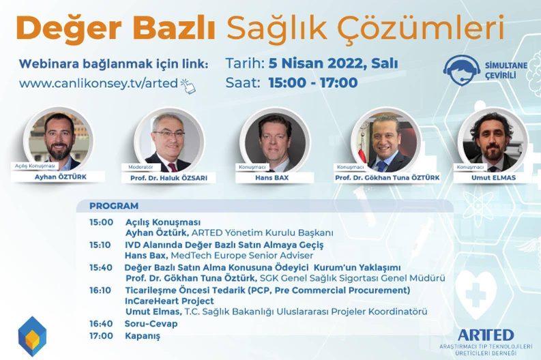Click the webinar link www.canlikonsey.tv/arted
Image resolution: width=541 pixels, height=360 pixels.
[x=98, y=83]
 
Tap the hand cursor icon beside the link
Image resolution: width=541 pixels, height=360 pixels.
[x=188, y=86]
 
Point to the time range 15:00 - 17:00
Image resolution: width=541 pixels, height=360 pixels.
[x=313, y=82]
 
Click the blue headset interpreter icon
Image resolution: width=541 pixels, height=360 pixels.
[x=462, y=70]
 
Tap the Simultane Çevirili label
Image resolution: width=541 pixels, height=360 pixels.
[x=506, y=70]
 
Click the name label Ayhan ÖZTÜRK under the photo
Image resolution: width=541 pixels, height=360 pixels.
[x=61, y=177]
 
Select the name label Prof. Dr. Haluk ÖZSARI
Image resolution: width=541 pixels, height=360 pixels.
[x=169, y=178]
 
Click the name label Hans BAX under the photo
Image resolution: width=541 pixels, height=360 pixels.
[x=272, y=178]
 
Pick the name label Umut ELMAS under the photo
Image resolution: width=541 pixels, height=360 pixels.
[x=493, y=178]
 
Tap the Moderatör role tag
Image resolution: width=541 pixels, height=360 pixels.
[x=141, y=167]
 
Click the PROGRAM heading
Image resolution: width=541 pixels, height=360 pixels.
[x=114, y=206]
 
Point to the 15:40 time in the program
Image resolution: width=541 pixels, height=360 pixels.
[x=101, y=267]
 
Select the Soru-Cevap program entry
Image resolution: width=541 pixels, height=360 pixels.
[x=151, y=324]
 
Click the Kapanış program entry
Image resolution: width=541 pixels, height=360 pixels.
[x=143, y=336]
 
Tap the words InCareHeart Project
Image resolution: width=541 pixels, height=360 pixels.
[x=169, y=301]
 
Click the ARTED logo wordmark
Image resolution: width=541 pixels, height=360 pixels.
[x=486, y=335]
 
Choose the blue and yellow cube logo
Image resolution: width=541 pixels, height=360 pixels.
[x=32, y=336]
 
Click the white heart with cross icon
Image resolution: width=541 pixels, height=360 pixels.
[x=476, y=294]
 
